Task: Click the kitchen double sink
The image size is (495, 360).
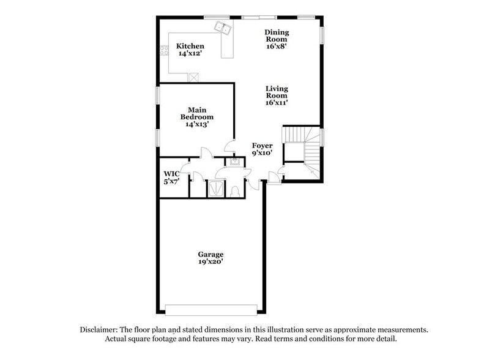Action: coord(221,27)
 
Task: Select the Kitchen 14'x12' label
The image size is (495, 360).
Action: coord(190,50)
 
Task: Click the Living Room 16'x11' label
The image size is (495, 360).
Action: coord(277,96)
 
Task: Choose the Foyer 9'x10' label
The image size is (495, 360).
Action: coord(263,149)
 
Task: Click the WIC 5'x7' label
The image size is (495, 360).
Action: coord(171,178)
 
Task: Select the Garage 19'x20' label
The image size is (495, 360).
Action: coord(210,258)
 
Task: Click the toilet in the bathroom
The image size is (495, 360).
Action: coord(236,190)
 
